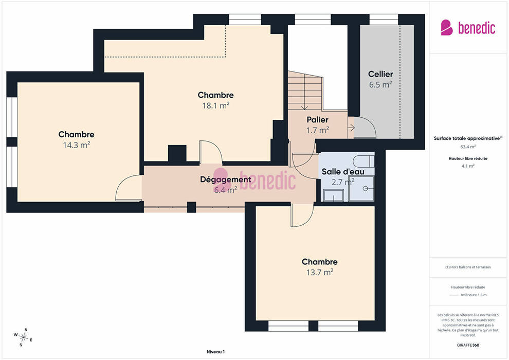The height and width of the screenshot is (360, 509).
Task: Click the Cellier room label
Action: pos(380,74)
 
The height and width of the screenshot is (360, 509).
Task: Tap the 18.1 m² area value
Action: pos(216,105)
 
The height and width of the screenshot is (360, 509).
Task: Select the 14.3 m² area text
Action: pos(76,145)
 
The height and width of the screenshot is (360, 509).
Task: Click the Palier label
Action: pos(317,120)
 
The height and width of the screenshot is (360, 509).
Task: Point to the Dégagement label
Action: pos(226,179)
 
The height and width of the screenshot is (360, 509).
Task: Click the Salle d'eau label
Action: pos(343,171)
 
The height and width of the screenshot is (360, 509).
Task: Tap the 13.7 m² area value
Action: pos(320,272)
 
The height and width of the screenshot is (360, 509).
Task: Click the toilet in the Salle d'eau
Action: pos(363,161)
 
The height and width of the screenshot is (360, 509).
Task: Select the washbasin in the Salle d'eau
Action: pos(333,195)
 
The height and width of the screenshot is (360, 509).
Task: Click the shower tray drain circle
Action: pos(365,188)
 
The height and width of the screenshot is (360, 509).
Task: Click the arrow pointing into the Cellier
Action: pos(351,128)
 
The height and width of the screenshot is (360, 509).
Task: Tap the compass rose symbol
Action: pos(23,337)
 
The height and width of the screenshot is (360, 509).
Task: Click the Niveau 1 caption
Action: pos(216,352)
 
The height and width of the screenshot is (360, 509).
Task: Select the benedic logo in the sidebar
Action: pos(468,28)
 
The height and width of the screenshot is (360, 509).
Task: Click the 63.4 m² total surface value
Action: pos(468,147)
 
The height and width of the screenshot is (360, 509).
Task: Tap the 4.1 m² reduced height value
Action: pos(468,166)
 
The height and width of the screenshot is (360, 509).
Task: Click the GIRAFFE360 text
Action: pos(468,345)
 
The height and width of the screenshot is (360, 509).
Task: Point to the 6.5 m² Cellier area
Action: pos(380,85)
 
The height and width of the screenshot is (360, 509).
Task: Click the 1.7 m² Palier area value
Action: pos(317,130)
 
